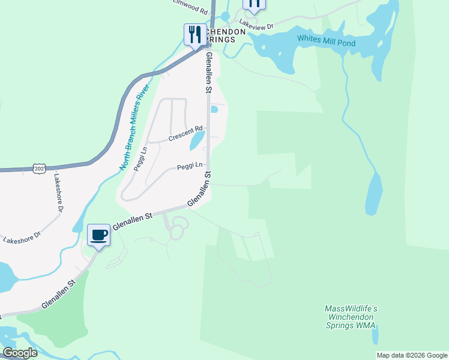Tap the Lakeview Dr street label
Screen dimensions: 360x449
click(x=256, y=26)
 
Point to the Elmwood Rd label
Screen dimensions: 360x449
click(x=190, y=7)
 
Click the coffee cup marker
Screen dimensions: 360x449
click(x=98, y=235)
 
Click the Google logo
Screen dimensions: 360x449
click(x=20, y=352)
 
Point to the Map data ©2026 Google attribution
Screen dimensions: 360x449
click(x=411, y=355)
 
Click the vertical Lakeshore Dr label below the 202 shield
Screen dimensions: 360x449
click(x=58, y=194)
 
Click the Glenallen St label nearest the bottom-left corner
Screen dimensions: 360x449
click(x=59, y=294)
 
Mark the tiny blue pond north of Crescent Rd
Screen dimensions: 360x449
click(x=214, y=109)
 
